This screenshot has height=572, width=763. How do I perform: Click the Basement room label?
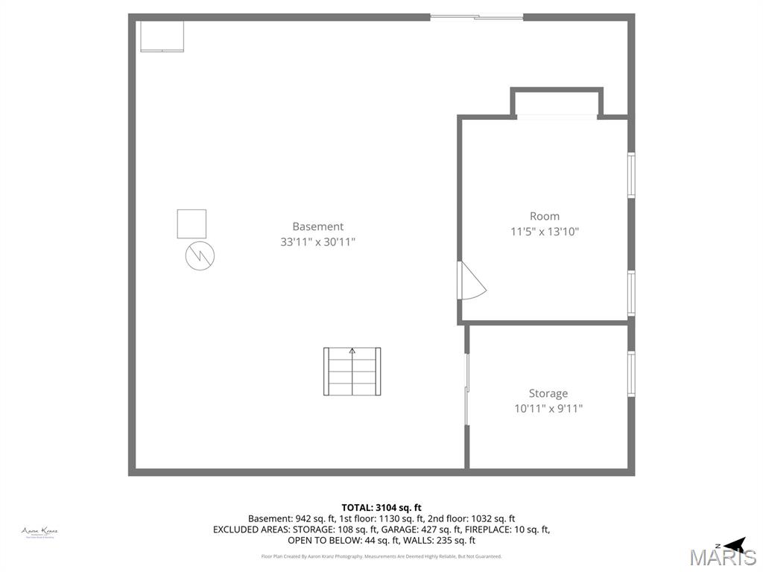click(317, 226)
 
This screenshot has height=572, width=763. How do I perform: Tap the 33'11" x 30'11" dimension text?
click(317, 242)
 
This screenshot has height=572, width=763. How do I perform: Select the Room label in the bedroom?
click(545, 216)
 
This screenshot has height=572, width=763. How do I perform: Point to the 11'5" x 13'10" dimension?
click(545, 232)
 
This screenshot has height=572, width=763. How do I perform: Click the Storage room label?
click(548, 393)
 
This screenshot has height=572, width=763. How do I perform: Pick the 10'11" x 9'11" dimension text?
click(548, 408)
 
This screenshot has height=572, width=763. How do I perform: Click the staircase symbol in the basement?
click(352, 372)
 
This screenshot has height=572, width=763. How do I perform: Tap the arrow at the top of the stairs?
click(352, 351)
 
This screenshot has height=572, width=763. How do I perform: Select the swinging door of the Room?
click(470, 282)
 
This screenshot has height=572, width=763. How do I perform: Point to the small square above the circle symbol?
click(191, 224)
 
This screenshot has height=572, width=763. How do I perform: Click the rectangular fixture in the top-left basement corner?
click(162, 36)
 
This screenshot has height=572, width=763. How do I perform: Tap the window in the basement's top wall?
click(477, 17)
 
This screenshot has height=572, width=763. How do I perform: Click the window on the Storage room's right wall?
click(631, 373)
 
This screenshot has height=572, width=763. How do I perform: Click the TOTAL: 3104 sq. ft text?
click(381, 507)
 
